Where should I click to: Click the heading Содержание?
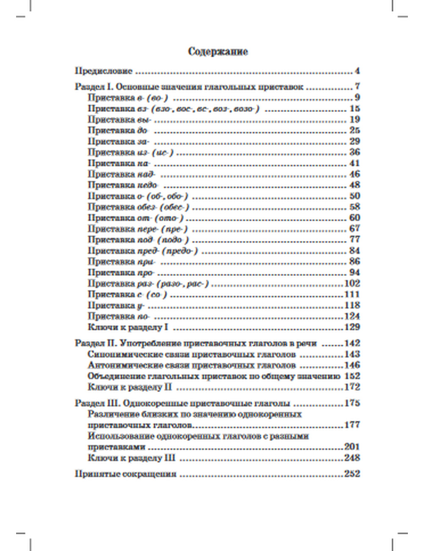point(218,52)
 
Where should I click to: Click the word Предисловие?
point(104,71)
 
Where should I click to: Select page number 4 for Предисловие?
point(357,71)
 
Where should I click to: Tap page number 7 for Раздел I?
point(357,87)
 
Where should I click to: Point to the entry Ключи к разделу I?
point(129,327)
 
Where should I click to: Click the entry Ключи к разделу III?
point(131,458)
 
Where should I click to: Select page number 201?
point(352,447)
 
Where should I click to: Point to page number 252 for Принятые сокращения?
point(352,474)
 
